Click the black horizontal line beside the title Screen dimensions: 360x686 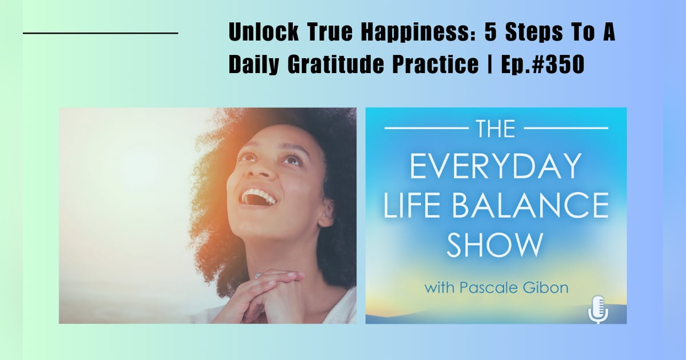(x=101, y=34)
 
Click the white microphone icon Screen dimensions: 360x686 (x=597, y=309)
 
